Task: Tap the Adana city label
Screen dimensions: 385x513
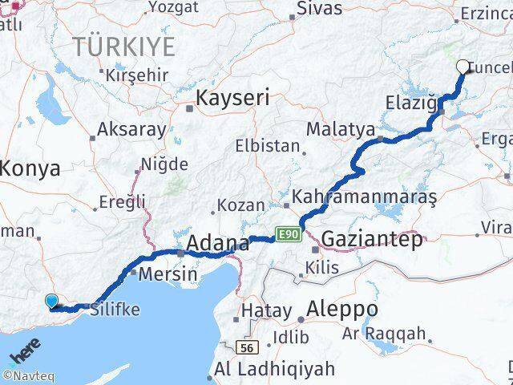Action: click(217, 242)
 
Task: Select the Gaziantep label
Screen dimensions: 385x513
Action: click(372, 238)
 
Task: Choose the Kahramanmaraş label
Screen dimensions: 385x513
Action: click(364, 197)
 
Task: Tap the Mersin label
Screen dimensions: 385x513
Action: click(168, 274)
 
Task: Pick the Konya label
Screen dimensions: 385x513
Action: click(30, 168)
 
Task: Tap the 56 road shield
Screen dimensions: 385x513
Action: click(246, 346)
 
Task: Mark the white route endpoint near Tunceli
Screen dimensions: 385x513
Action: click(463, 68)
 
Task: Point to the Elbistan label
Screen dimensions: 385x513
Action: click(269, 147)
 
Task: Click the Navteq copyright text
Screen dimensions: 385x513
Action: click(28, 374)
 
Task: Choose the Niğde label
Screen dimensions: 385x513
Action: click(164, 164)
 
